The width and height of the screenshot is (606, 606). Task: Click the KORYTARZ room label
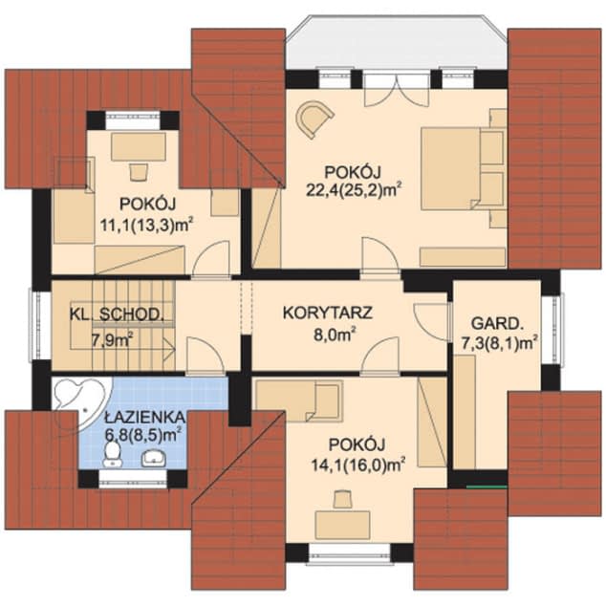328,312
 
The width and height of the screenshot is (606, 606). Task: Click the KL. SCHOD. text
109,314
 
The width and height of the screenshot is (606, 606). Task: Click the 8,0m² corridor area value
335,334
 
